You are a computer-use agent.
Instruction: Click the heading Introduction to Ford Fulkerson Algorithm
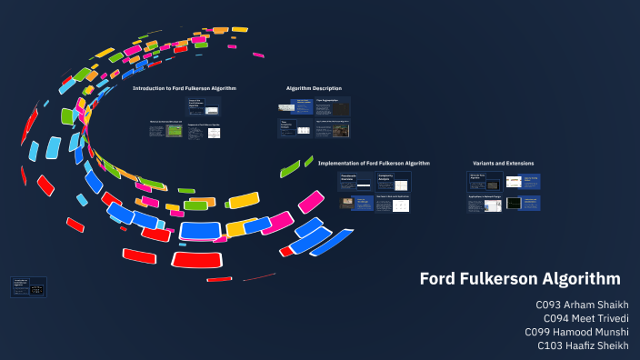point(185,88)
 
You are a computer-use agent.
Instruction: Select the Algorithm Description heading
point(314,88)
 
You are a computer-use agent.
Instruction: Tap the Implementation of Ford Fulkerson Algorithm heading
point(374,163)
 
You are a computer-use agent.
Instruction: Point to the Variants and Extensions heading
point(504,163)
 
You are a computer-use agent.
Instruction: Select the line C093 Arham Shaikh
point(583,305)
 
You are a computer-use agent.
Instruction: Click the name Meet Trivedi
point(599,318)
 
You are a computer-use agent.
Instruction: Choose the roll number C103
point(551,345)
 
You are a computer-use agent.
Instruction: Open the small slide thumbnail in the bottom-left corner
point(28,286)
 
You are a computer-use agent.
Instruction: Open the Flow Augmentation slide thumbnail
point(333,106)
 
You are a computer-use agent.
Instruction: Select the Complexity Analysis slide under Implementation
point(394,181)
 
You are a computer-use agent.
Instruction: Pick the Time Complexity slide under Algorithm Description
point(295,129)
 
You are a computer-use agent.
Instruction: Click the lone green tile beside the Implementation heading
point(290,168)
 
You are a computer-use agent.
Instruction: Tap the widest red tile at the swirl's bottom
point(200,259)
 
